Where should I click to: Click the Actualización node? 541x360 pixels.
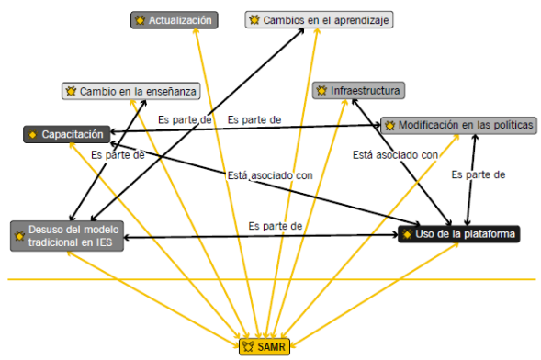[175, 19]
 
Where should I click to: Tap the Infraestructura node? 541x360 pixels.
[358, 90]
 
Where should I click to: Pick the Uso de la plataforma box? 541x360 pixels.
[460, 235]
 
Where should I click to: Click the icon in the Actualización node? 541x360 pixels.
[139, 19]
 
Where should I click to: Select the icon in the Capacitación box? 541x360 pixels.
[32, 135]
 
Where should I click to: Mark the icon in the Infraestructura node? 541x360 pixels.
[321, 90]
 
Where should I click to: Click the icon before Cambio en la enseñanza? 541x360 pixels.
[70, 91]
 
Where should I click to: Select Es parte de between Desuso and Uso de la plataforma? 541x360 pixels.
[276, 225]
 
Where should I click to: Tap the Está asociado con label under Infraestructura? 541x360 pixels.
[395, 155]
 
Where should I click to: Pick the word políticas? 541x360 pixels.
[510, 125]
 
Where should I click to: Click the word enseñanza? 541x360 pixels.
[168, 91]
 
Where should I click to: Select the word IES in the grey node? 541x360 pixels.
[107, 242]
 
